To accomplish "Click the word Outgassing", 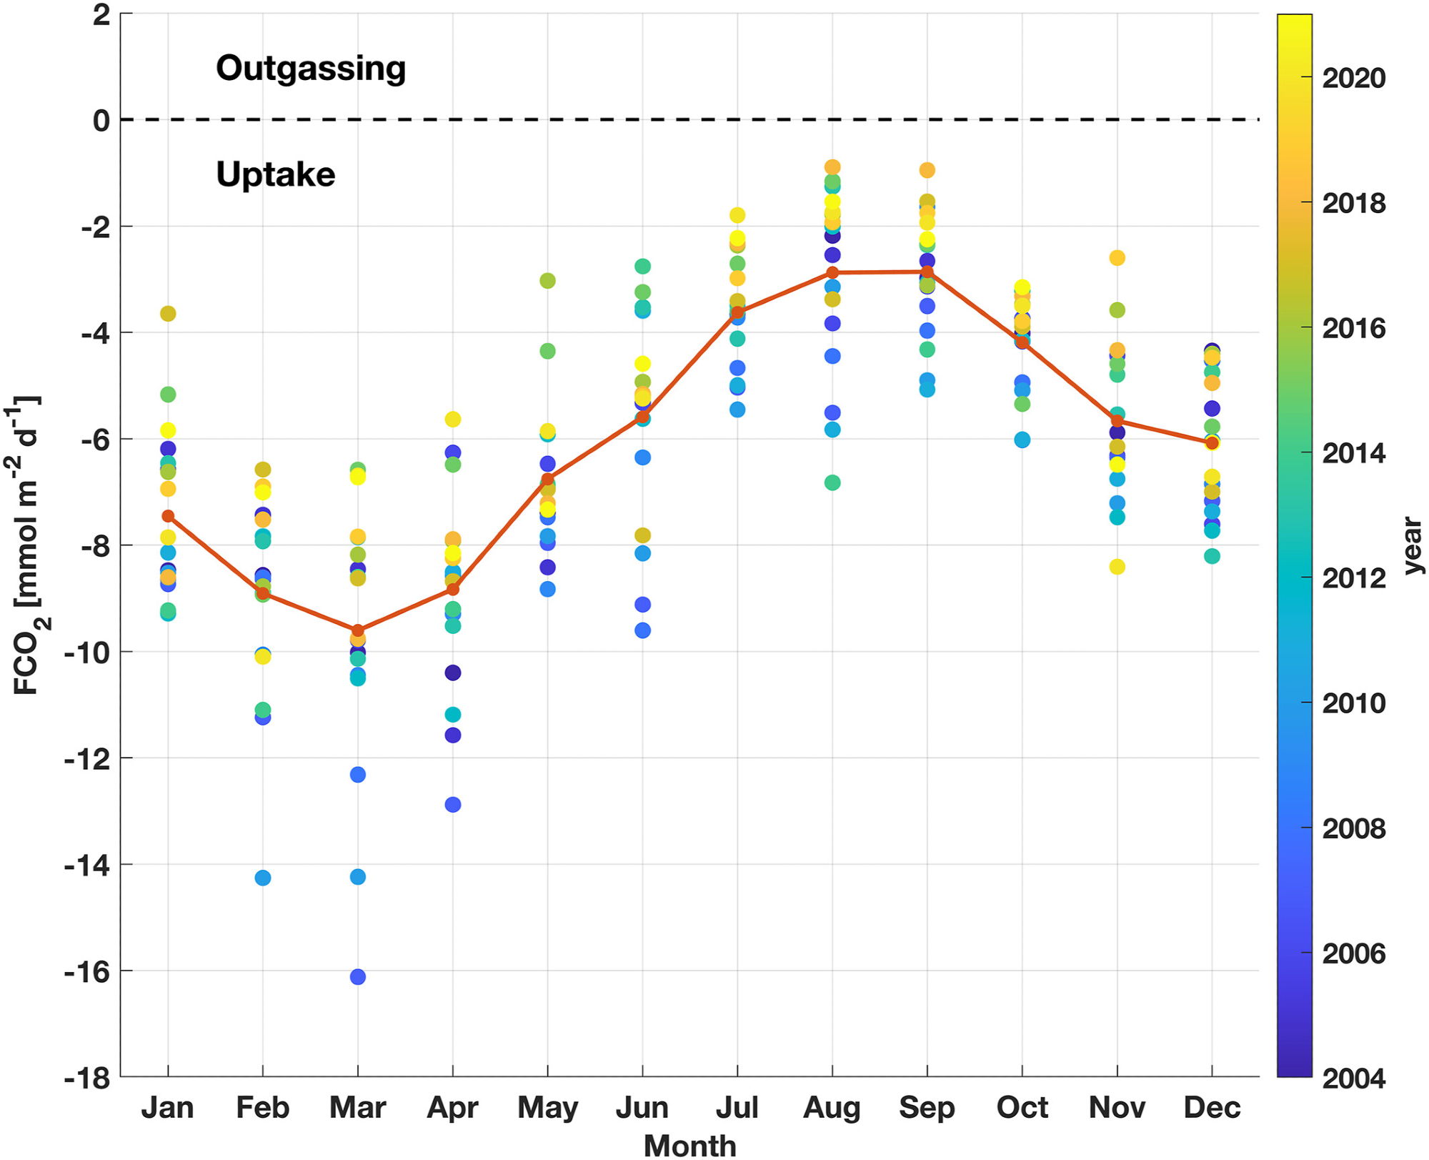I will (x=311, y=69).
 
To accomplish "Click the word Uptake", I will (x=276, y=174).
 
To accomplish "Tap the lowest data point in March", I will (x=358, y=976).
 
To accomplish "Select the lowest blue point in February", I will (x=263, y=878).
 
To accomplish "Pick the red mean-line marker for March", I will (x=358, y=630).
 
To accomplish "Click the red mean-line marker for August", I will (x=832, y=272).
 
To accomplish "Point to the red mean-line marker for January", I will (x=168, y=516).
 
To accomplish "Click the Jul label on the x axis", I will (x=737, y=1108).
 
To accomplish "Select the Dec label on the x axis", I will (x=1212, y=1108).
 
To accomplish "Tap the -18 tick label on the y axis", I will (x=87, y=1078).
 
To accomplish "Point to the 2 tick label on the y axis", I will (x=101, y=15).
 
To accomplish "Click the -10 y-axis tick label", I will (x=87, y=653).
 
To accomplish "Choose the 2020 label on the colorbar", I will (x=1353, y=78).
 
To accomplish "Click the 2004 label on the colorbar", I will (x=1353, y=1078).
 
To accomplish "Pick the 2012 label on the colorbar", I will (x=1353, y=578).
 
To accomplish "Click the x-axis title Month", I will (x=689, y=1146).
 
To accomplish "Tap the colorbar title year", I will (x=1412, y=546).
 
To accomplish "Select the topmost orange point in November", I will (x=1117, y=258).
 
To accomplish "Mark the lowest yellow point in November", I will (x=1117, y=567).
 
